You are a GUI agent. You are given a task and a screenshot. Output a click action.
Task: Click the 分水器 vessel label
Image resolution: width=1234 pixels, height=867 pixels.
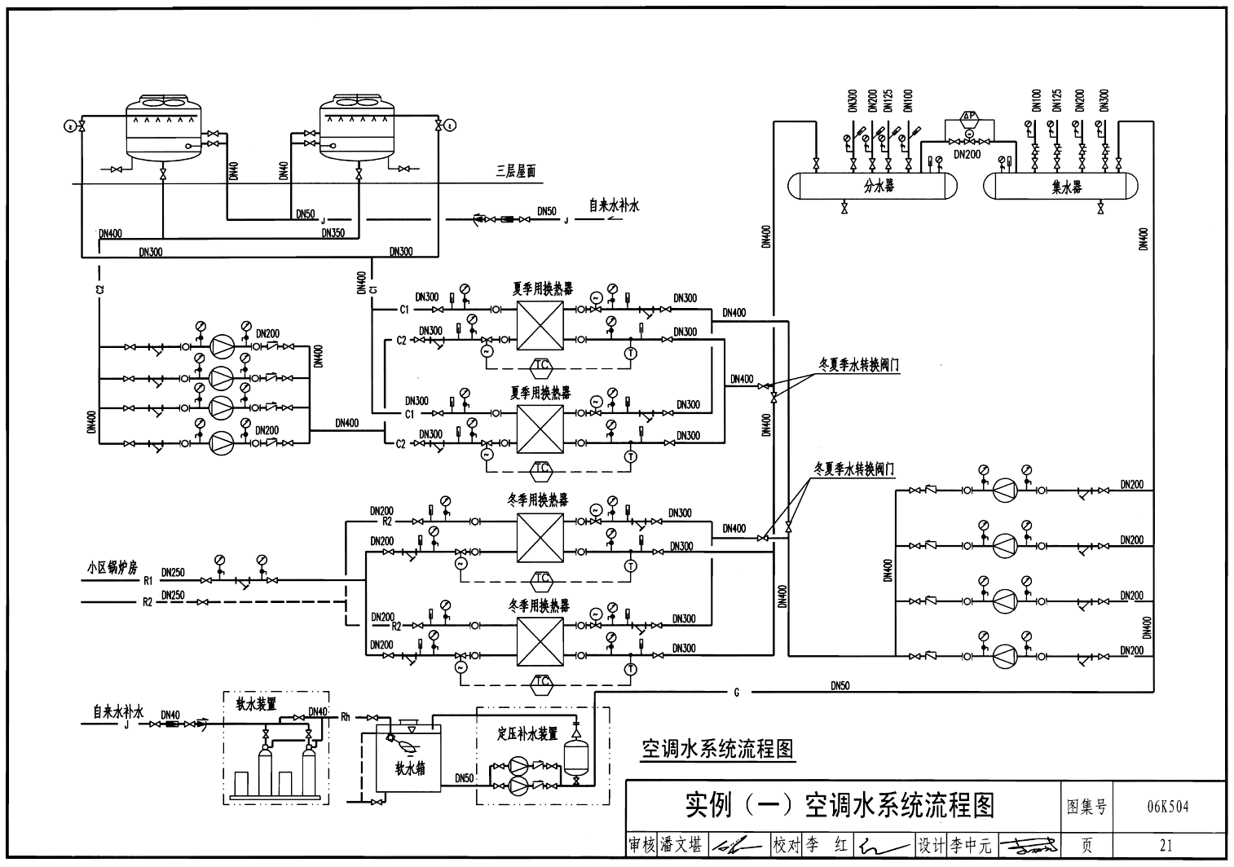pos(879,186)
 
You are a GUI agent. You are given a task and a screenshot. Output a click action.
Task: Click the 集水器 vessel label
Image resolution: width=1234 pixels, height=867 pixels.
pos(1067,187)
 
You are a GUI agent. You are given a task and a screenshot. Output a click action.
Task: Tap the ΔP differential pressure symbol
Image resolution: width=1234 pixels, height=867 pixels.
pos(969,117)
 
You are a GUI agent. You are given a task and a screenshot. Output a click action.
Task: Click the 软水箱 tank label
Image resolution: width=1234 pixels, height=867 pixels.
pos(410,768)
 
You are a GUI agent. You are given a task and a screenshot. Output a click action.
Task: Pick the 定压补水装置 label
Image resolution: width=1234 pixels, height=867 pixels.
pos(527,733)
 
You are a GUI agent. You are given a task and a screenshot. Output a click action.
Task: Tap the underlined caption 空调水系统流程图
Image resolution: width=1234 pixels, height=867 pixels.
pos(717,749)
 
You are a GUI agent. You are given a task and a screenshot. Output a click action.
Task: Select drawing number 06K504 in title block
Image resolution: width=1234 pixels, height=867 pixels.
pos(1167,807)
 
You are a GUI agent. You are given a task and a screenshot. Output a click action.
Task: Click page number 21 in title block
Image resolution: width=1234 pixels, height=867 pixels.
pos(1167,846)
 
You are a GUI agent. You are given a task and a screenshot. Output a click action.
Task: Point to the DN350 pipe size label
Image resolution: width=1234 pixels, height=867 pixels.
pos(333,234)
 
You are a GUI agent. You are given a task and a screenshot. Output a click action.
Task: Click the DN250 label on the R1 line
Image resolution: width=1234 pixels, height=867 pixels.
pos(173,573)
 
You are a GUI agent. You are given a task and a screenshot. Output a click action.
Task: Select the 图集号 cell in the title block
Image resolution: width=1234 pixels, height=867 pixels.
pos(1087,807)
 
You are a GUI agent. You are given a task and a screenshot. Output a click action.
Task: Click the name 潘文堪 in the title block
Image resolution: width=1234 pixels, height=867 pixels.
pos(681,846)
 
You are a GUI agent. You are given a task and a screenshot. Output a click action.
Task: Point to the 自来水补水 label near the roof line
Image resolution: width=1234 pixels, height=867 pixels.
pos(614,205)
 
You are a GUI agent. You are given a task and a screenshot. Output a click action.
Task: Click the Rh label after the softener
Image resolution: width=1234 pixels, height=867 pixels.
pos(345,717)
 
